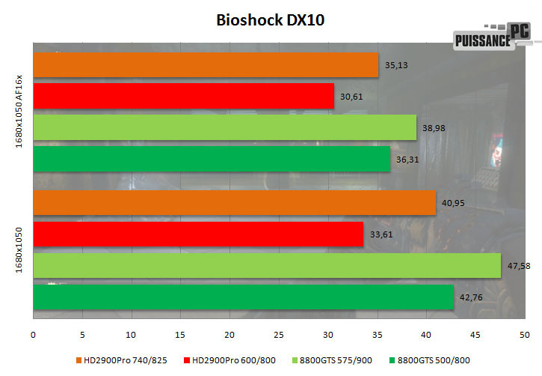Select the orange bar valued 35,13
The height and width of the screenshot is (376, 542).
click(206, 64)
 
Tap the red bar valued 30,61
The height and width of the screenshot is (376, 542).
click(183, 95)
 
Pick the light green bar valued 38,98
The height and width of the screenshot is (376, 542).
click(224, 127)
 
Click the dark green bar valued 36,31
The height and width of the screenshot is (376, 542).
click(212, 159)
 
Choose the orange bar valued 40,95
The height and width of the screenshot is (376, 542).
click(234, 202)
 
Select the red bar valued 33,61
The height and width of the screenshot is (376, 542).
click(198, 234)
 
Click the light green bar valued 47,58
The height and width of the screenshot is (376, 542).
click(267, 265)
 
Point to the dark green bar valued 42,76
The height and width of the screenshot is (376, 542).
click(244, 297)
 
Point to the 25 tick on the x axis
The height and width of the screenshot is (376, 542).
click(279, 333)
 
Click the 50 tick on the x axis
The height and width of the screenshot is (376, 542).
click(524, 333)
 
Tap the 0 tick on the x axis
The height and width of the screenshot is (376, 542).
click(34, 333)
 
